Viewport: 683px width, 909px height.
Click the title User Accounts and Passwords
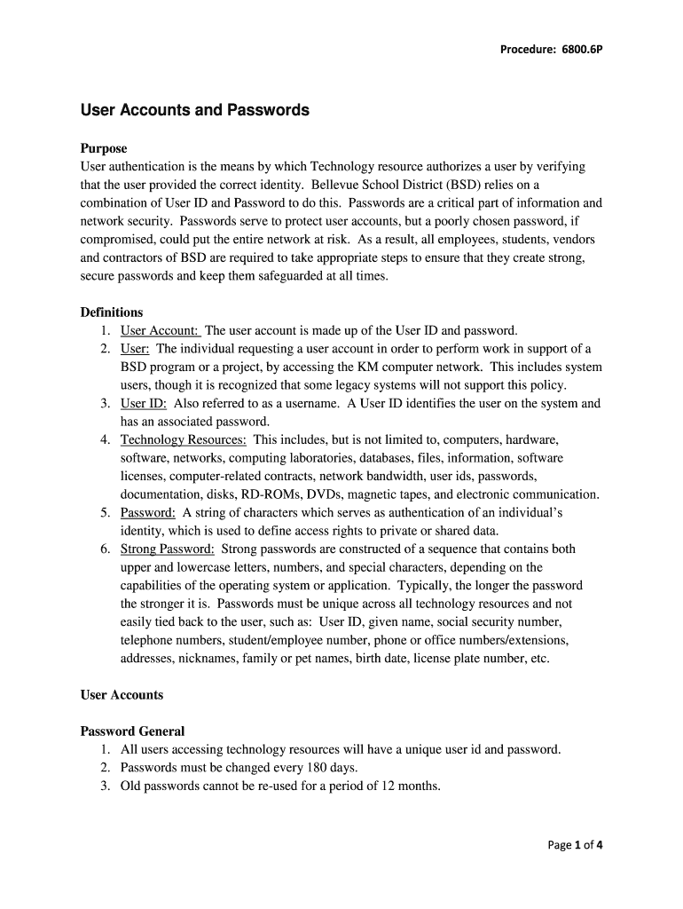195,110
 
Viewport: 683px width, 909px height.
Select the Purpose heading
104,148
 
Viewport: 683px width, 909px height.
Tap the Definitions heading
112,312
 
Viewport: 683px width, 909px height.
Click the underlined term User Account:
161,329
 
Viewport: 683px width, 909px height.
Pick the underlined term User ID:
144,403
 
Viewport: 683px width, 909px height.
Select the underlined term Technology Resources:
184,439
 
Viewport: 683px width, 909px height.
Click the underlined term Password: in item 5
148,512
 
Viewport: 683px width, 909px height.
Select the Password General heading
133,731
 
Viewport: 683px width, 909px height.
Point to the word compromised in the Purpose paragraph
121,240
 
